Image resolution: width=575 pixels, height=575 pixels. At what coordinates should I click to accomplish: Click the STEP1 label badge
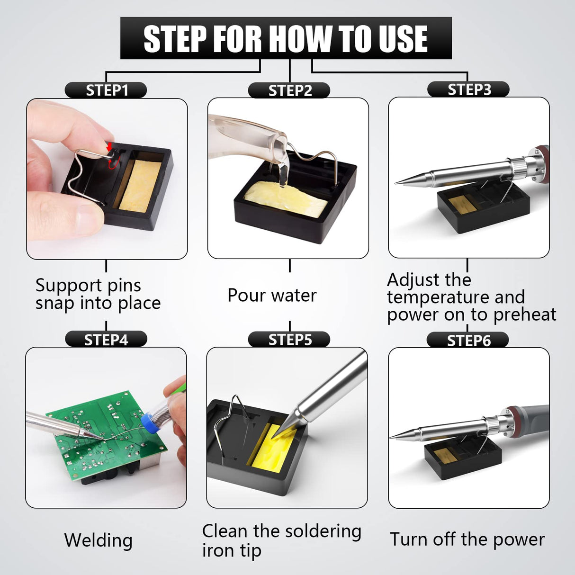[x=106, y=90]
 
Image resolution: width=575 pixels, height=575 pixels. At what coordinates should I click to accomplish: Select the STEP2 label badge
[x=289, y=90]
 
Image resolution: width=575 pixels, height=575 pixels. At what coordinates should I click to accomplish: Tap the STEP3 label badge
[x=468, y=90]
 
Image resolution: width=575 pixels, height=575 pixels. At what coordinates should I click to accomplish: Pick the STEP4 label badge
[x=106, y=340]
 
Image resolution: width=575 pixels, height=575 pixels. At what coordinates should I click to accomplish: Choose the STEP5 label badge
[x=289, y=340]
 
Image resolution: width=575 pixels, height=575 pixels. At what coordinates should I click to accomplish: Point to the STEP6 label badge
[x=468, y=340]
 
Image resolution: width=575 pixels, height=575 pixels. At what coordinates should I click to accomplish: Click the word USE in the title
[x=399, y=39]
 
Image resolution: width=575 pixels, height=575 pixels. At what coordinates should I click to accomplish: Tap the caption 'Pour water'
[x=272, y=295]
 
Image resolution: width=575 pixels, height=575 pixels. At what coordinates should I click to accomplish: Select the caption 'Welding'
[x=99, y=540]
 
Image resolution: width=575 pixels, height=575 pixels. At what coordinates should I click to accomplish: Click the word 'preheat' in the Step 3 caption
[x=524, y=314]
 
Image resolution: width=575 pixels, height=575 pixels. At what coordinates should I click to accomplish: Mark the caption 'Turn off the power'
[x=467, y=539]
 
